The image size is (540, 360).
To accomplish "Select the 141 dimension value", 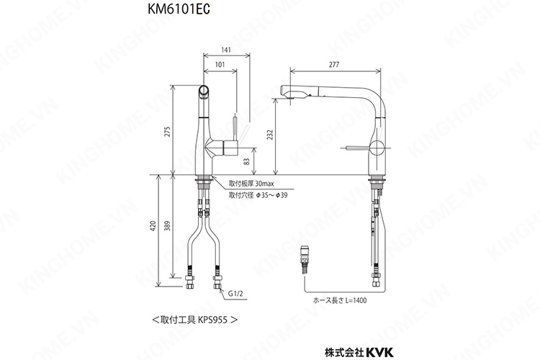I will pos(226,49).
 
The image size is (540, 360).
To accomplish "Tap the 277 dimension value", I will pos(333,65).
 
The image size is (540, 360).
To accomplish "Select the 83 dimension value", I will pos(247,161).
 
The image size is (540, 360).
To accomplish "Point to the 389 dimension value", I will pos(168,227).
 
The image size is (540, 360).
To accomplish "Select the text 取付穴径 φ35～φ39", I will pos(258,195).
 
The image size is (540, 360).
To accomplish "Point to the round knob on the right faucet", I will pos(376,150).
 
